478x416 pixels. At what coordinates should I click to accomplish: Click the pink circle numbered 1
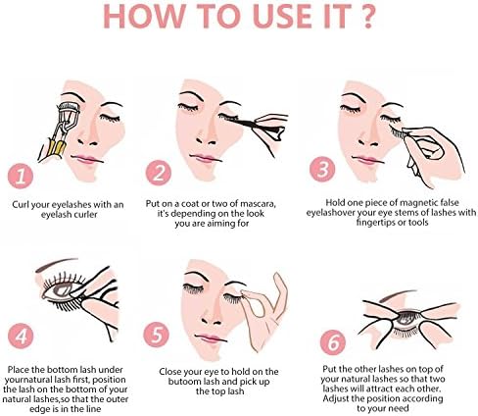click(x=21, y=177)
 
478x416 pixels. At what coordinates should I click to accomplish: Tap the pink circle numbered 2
click(x=159, y=173)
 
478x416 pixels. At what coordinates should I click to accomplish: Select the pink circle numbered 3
click(x=322, y=169)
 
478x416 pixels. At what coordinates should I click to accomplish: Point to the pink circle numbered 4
click(x=21, y=336)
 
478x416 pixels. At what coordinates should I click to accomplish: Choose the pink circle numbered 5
click(x=156, y=335)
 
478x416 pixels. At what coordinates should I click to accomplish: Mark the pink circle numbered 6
click(x=333, y=342)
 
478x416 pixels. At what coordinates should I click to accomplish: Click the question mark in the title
click(x=367, y=16)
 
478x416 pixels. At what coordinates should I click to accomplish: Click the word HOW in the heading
click(x=144, y=16)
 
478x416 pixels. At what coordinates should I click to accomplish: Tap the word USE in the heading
click(x=282, y=16)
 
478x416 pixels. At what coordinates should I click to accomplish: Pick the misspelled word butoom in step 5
click(x=184, y=382)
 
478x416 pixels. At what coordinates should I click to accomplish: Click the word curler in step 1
click(x=85, y=215)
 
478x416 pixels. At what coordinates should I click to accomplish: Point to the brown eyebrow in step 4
click(x=57, y=264)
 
